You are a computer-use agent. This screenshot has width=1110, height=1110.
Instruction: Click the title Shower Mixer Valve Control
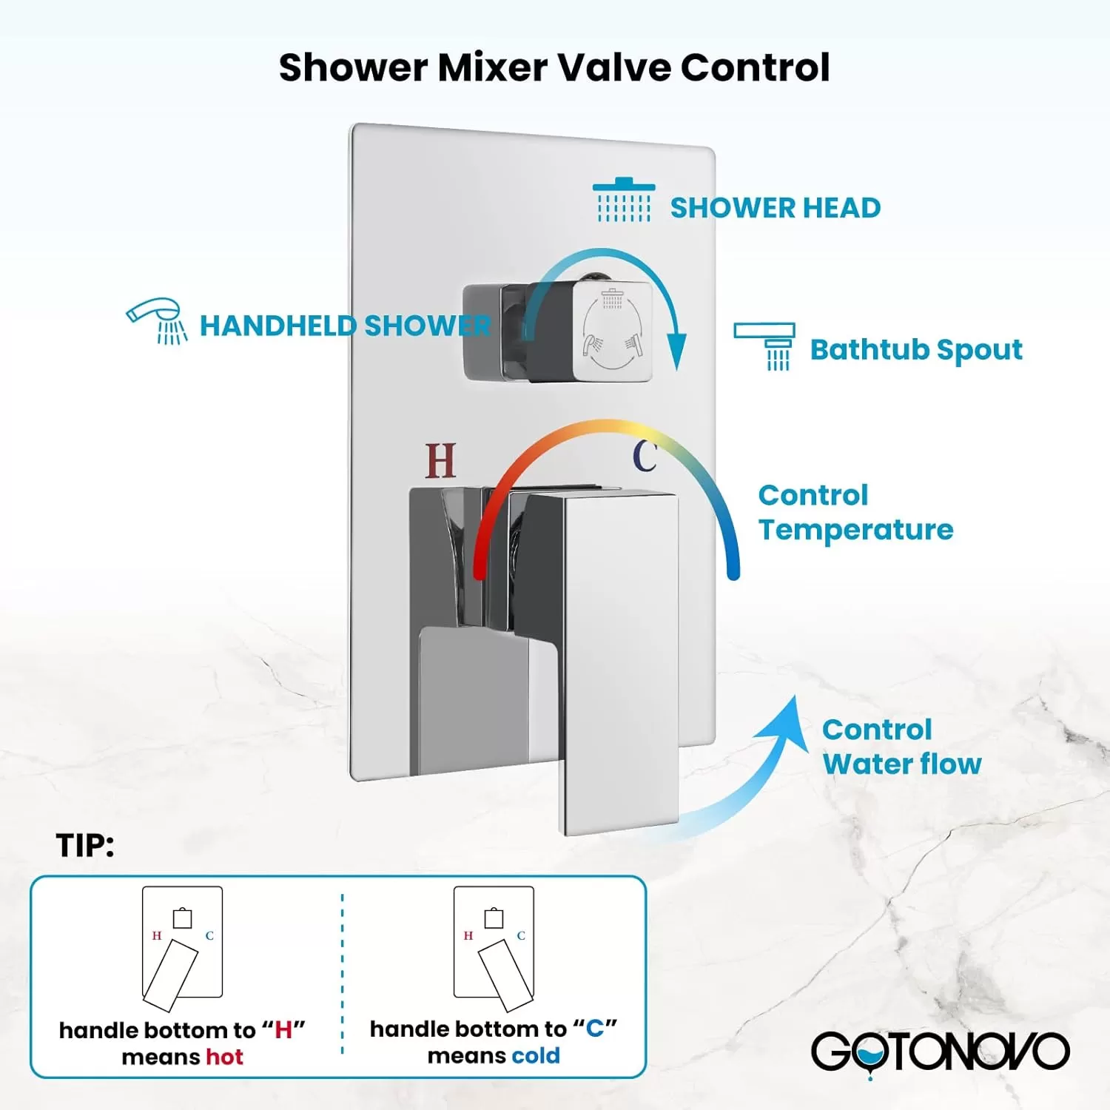coord(554,67)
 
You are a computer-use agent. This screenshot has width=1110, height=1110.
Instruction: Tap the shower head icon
coord(624,200)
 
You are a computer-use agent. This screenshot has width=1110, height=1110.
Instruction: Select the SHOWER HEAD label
coord(776,208)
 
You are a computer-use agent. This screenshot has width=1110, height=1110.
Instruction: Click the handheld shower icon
coord(157,321)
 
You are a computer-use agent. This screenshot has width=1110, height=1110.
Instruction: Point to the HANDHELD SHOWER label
coord(345,326)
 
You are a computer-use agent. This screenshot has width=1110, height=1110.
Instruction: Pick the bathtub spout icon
coord(764,346)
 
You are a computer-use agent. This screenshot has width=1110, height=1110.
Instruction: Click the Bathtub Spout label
coord(916,349)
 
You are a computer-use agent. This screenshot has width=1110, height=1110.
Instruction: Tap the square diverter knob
coord(611,332)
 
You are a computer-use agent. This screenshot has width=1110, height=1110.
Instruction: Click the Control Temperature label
coord(855,512)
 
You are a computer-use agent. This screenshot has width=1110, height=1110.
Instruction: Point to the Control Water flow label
coord(902,747)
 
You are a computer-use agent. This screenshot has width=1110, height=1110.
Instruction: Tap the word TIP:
coord(85,846)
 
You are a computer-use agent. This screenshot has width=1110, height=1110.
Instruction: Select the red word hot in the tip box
coord(224,1057)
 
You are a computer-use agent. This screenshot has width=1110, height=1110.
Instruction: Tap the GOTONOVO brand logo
coord(940,1051)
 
